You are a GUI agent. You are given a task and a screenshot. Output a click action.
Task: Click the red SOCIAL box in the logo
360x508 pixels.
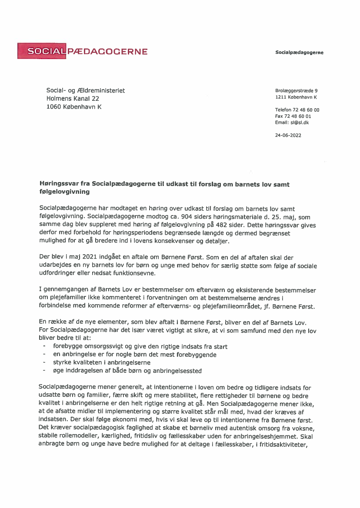(x=42, y=51)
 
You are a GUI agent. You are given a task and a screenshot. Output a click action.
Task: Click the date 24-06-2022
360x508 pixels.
(x=288, y=135)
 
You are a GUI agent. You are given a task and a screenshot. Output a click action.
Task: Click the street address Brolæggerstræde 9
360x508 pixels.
(x=296, y=91)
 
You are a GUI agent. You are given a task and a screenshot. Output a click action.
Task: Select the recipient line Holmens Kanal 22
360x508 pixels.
(x=73, y=99)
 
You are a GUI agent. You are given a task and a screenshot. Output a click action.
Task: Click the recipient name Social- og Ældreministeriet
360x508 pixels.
(x=85, y=90)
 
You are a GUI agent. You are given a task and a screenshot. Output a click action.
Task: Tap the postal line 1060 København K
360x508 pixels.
(x=73, y=107)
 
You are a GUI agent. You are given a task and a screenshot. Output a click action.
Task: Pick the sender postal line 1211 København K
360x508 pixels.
(x=296, y=97)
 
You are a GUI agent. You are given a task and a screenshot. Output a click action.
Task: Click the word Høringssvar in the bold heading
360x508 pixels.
(x=59, y=184)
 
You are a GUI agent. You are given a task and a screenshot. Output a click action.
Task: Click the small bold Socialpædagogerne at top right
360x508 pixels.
(x=299, y=53)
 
